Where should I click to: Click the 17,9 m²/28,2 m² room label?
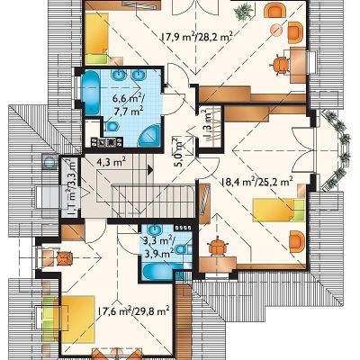[197, 37]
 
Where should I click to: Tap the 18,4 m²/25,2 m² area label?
[257, 182]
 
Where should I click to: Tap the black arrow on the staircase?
[150, 170]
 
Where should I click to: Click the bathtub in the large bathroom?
[91, 93]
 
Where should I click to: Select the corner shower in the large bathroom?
[150, 136]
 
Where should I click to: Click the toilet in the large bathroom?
[111, 126]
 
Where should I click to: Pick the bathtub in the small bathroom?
[162, 272]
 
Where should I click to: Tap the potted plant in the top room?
[243, 13]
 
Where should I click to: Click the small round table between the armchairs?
[276, 30]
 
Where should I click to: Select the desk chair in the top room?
[281, 65]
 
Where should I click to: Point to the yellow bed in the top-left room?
[96, 39]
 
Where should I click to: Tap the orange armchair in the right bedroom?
[297, 241]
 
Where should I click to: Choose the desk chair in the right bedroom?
[218, 246]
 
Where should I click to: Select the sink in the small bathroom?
[155, 229]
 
